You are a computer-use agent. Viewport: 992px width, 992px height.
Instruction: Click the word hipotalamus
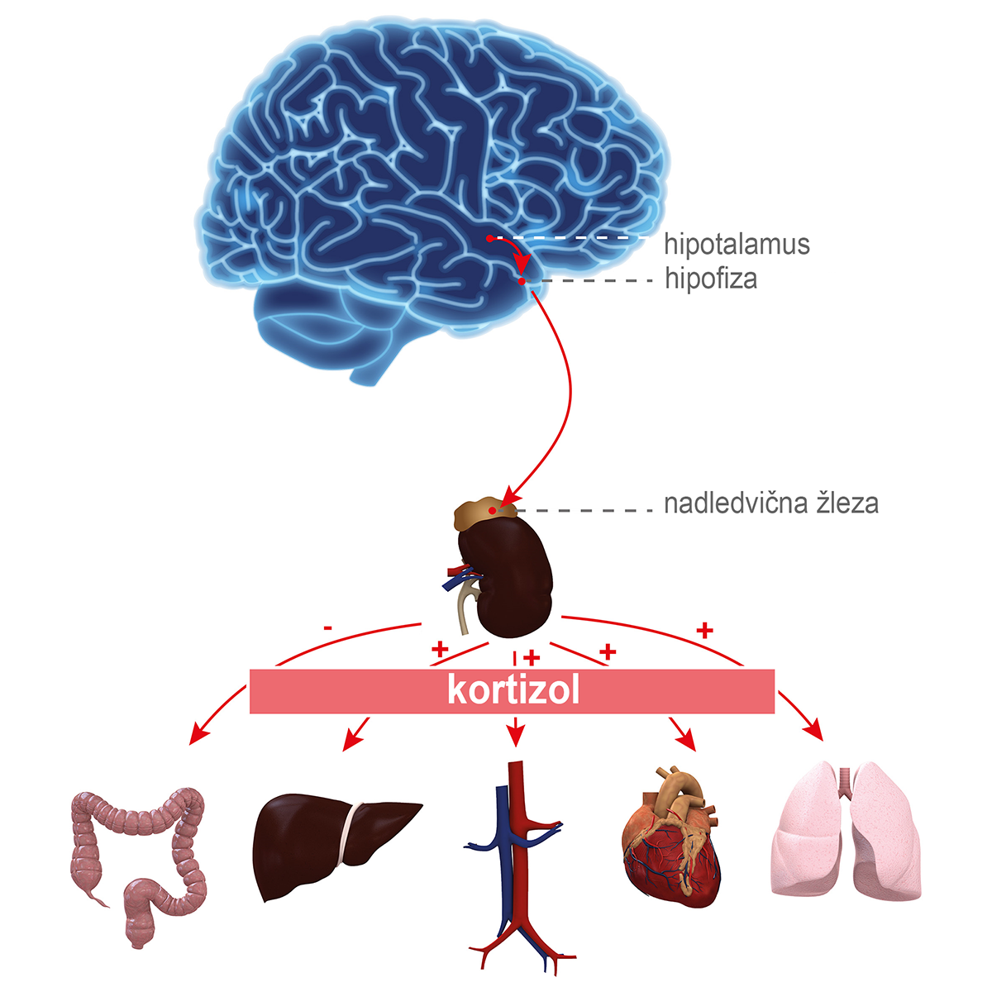pos(737,245)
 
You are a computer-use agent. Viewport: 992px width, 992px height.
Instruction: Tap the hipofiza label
pos(711,279)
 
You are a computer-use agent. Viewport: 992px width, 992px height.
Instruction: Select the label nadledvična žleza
pos(771,503)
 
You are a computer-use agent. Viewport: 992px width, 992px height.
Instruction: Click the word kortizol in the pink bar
pos(513,690)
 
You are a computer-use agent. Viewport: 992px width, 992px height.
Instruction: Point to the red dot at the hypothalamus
pos(489,238)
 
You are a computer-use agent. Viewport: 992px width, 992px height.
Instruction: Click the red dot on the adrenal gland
pos(492,511)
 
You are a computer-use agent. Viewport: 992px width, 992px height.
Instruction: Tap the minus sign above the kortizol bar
pos(328,628)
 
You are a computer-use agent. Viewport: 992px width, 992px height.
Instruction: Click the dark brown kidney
pos(508,579)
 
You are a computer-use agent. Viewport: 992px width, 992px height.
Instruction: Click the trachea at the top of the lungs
pos(845,781)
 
